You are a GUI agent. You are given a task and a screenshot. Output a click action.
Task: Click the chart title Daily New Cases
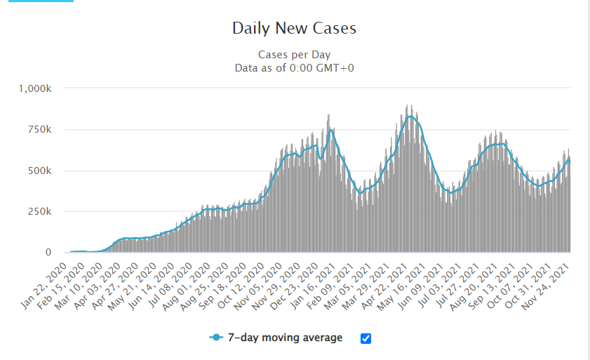click(294, 29)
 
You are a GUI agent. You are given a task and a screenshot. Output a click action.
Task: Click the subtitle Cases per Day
click(294, 55)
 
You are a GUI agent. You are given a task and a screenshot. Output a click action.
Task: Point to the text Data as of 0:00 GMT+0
click(294, 67)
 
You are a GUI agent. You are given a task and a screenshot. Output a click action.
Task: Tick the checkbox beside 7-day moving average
click(366, 338)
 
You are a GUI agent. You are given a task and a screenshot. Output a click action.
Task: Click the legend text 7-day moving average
click(289, 338)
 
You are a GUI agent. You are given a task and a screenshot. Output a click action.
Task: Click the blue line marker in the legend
click(216, 338)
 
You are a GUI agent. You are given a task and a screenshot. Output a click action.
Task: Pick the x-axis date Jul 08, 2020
click(172, 281)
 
